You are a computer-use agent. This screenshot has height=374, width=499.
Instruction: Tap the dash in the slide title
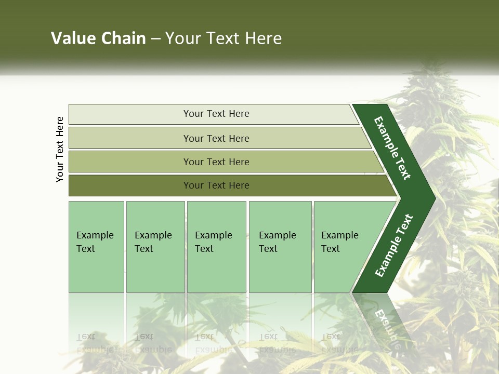point(155,39)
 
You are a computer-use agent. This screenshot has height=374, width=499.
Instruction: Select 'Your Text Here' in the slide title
point(224,38)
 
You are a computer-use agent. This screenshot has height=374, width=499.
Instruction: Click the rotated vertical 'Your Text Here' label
point(60,149)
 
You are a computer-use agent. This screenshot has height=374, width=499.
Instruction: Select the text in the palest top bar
point(216,114)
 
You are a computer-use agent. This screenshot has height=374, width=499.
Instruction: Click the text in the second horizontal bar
point(216,138)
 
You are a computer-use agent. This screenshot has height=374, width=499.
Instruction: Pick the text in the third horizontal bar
point(216,162)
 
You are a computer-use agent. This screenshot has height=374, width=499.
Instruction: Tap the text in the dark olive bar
point(216,185)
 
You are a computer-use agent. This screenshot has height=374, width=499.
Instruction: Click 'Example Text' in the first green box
point(95,242)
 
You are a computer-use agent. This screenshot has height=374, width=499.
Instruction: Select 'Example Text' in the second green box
point(153,242)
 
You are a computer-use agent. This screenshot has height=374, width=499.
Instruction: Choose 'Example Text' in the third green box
point(213,242)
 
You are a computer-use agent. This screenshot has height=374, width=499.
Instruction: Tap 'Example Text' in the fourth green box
point(277,242)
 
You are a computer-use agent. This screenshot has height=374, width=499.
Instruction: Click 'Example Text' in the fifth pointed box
point(339,242)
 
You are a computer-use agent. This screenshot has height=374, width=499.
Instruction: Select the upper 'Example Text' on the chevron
point(392,148)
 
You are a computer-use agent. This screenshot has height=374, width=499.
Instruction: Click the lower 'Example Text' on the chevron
point(394,246)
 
